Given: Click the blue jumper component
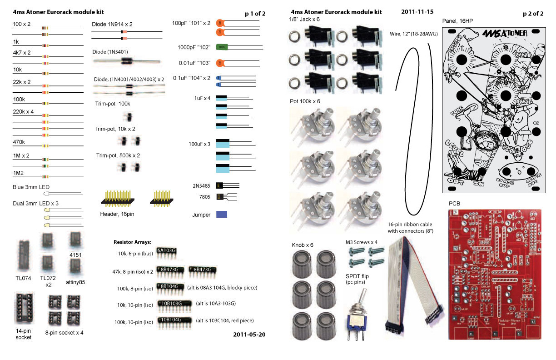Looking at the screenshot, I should click(222, 214).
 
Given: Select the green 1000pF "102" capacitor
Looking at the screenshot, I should click(221, 47).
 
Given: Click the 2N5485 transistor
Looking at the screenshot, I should click(219, 185).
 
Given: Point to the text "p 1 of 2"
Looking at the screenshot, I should click(255, 14).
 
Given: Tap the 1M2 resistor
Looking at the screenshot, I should click(45, 176).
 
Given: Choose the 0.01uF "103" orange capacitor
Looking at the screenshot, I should click(219, 62).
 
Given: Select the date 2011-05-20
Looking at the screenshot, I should click(249, 334).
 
